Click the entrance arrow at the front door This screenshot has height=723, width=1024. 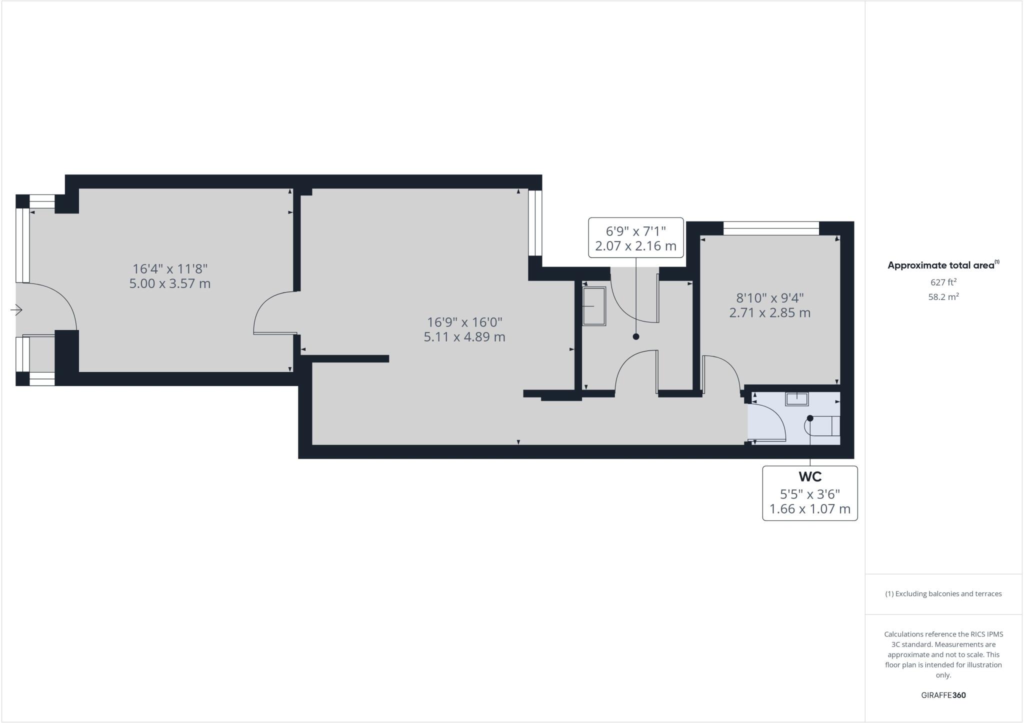point(16,310)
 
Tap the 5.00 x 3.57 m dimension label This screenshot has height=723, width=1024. point(170,284)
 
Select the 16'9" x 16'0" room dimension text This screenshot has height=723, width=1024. point(464,322)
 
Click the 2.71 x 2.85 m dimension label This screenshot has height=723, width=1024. point(770,313)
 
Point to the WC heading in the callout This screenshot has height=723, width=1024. point(810,476)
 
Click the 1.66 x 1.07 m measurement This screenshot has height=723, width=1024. point(810,509)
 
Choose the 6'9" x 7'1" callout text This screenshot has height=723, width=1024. point(636,231)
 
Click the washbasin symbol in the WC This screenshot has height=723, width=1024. point(797,398)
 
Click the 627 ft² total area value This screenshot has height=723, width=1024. point(943,282)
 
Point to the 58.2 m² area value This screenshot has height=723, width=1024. point(943,297)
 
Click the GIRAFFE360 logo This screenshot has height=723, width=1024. point(943,695)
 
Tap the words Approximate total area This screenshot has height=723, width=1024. point(941,265)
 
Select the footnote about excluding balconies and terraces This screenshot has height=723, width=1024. point(943,594)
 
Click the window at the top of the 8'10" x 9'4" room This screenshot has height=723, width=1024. point(771,228)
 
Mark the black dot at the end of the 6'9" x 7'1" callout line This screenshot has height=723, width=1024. point(636,336)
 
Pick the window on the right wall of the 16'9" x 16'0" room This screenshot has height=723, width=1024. point(535,222)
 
